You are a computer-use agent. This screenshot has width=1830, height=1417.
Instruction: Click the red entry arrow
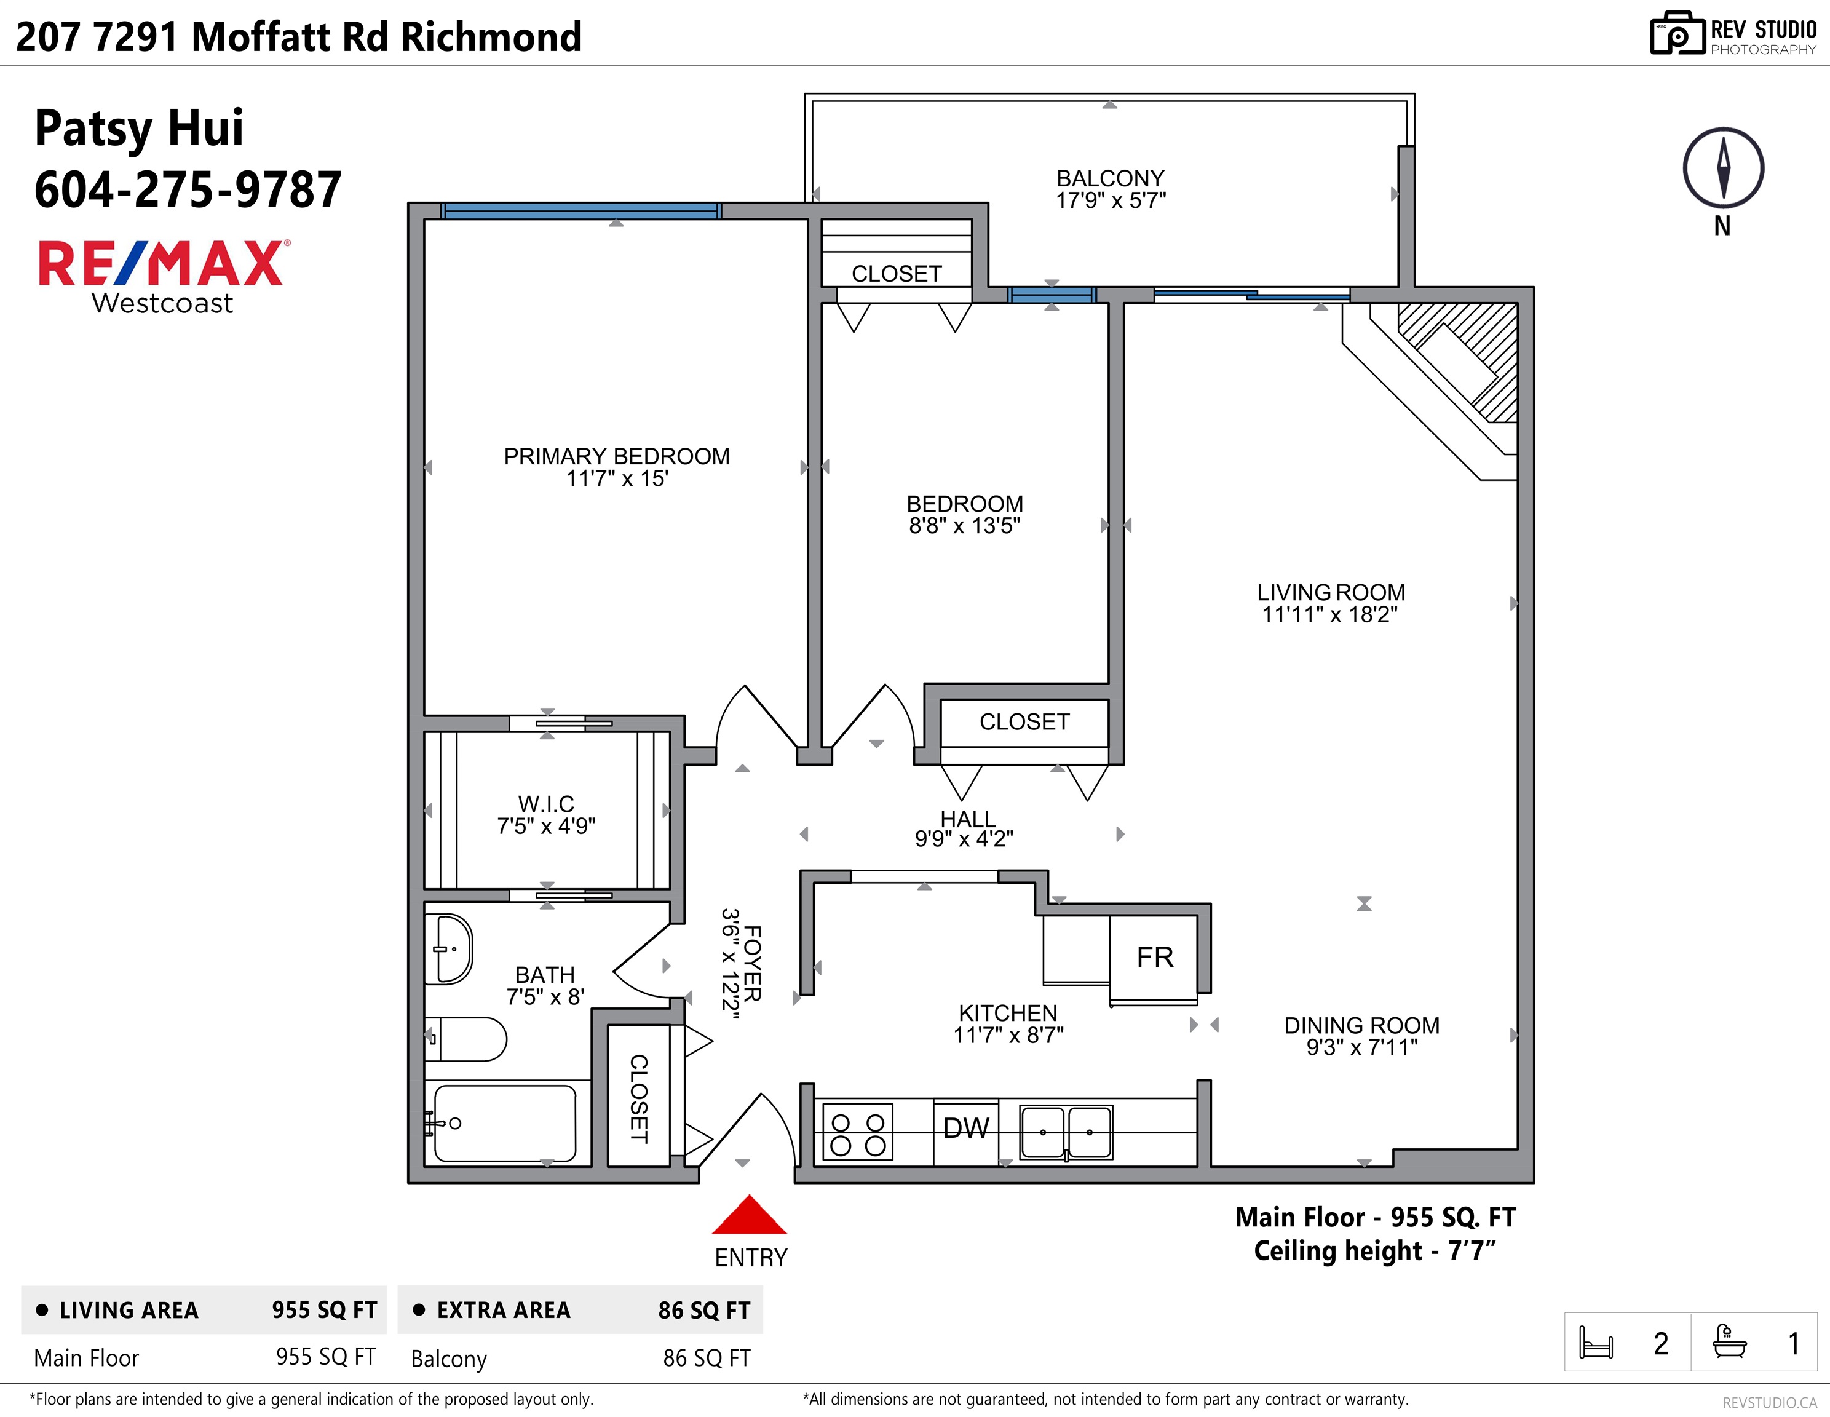pyautogui.click(x=748, y=1216)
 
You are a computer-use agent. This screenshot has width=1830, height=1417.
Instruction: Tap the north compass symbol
pyautogui.click(x=1723, y=169)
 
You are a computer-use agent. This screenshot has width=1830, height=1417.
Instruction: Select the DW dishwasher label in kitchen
pyautogui.click(x=966, y=1129)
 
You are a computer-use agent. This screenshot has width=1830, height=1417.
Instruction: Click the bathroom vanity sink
pyautogui.click(x=448, y=948)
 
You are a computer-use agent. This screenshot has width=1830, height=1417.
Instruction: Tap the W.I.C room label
pyautogui.click(x=545, y=804)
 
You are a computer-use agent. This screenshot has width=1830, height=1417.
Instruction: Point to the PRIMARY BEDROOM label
pyautogui.click(x=616, y=457)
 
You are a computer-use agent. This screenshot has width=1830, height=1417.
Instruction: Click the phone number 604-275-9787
pyautogui.click(x=188, y=190)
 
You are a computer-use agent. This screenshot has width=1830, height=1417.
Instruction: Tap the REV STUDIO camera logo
pyautogui.click(x=1677, y=34)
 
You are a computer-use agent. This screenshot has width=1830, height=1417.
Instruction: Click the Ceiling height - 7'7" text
pyautogui.click(x=1374, y=1251)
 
